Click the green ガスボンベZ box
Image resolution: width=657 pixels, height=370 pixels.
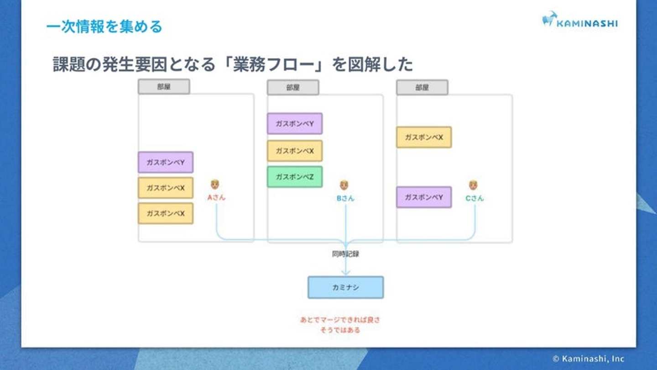[294, 177]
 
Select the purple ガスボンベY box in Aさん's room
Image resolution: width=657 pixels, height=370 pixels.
[165, 162]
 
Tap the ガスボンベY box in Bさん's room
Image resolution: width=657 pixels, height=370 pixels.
[294, 123]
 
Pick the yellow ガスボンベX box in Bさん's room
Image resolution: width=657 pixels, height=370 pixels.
[294, 151]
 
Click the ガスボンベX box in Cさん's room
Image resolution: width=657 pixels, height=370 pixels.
[423, 137]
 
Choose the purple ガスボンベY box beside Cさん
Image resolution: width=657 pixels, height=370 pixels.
[423, 197]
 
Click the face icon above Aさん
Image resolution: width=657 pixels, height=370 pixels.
[215, 185]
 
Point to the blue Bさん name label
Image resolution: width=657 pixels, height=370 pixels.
[345, 198]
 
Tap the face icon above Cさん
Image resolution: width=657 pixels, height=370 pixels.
[473, 185]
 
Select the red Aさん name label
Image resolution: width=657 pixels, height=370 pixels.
[216, 198]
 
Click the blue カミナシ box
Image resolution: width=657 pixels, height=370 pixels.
[345, 287]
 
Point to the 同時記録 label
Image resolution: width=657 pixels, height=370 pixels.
[345, 254]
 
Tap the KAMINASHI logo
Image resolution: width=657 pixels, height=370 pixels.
[579, 21]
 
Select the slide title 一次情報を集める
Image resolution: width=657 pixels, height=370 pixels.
[104, 26]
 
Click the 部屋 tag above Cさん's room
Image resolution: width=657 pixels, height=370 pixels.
[422, 87]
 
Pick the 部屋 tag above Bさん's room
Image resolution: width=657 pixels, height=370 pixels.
[293, 87]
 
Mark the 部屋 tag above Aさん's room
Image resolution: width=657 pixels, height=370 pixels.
[164, 86]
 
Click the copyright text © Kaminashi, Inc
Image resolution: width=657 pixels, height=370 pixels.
[588, 359]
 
